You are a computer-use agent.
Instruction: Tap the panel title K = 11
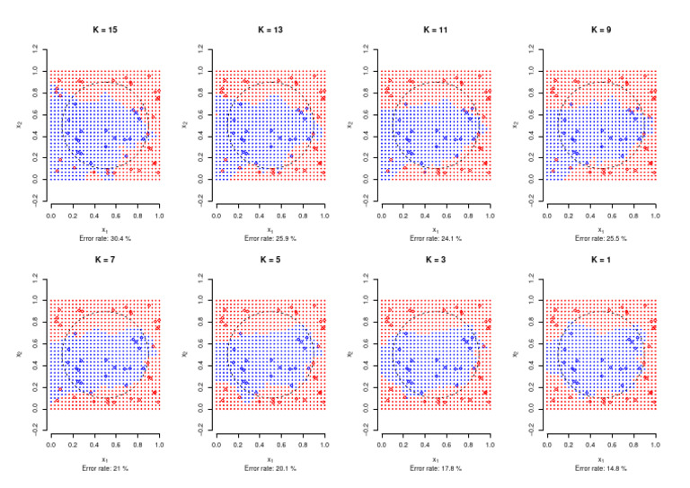436,30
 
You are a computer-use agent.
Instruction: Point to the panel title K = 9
601,30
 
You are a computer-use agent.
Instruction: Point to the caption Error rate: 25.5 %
601,239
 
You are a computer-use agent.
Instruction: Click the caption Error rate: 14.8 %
601,468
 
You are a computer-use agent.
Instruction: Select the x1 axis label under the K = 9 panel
601,229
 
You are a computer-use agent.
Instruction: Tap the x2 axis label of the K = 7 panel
17,354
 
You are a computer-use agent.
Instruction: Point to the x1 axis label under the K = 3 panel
436,459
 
